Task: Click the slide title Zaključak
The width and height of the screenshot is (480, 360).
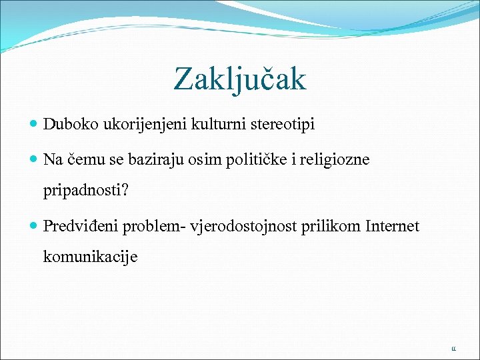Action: [x=240, y=79]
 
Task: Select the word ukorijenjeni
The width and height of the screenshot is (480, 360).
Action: [x=133, y=124]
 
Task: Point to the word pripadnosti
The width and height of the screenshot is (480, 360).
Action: [x=81, y=192]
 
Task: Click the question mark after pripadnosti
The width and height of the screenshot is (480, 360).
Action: [x=123, y=191]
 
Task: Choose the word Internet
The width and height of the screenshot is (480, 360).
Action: [x=393, y=227]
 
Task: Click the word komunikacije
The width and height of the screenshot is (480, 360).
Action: [x=90, y=257]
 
